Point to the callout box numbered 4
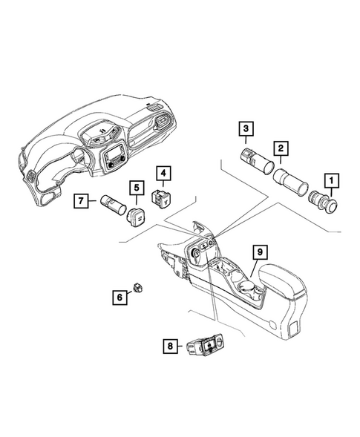[163, 174]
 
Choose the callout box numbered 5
[136, 188]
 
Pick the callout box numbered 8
[171, 345]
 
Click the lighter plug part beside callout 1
[327, 201]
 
